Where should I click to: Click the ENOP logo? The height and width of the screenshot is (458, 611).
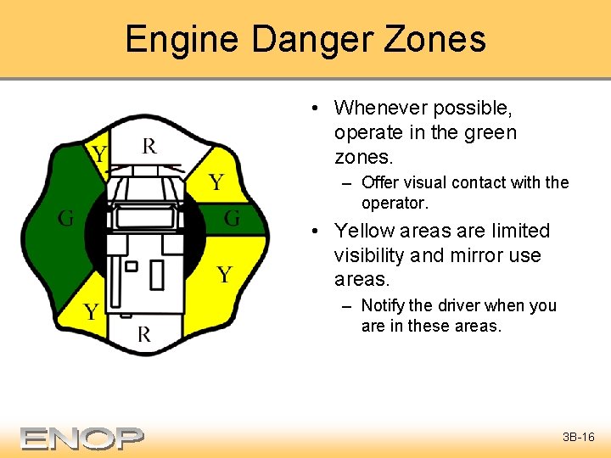point(82,438)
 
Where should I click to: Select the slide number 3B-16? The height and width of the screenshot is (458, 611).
point(579,438)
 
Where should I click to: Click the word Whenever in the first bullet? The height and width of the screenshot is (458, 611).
point(381,109)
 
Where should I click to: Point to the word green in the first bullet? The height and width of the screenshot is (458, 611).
point(489,133)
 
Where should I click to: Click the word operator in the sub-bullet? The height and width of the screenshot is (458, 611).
point(393,204)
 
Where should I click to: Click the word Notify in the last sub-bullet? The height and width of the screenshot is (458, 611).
point(384,305)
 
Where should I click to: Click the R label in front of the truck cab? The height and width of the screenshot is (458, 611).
point(149,146)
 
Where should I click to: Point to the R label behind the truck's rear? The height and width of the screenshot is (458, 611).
point(144,333)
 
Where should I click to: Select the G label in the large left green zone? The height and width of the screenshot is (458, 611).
point(65,218)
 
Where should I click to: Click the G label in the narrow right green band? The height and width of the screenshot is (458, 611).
point(232,218)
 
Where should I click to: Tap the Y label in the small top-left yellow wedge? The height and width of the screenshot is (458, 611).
point(99,154)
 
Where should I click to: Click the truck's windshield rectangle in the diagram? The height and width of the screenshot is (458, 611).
point(144,217)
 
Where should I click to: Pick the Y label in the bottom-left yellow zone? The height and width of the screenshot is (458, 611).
point(91,311)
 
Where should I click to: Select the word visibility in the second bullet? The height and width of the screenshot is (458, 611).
point(378,255)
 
